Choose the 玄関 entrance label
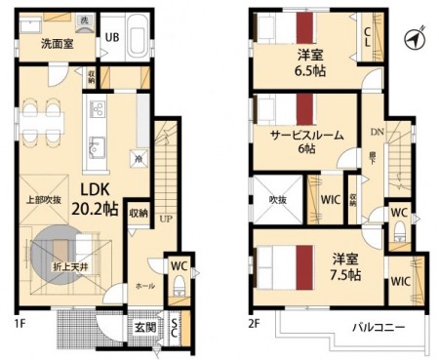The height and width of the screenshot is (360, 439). (142, 325)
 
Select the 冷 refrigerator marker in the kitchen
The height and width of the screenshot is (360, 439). (139, 159)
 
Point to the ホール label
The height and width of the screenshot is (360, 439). (144, 287)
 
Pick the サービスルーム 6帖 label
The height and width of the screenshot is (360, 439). (306, 142)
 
